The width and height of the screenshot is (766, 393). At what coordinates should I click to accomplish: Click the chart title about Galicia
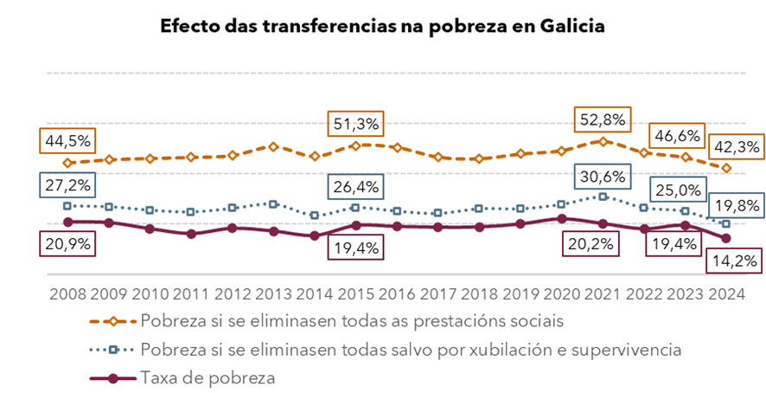pos(382,26)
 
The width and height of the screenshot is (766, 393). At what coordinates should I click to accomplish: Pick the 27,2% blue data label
pos(65,185)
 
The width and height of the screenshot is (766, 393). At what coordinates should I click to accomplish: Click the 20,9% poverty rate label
pos(65,243)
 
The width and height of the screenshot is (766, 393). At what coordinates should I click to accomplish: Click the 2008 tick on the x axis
pos(66,293)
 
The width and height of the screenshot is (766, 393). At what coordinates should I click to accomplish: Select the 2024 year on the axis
pos(728,293)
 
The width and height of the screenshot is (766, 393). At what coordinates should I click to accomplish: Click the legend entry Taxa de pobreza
pos(207,377)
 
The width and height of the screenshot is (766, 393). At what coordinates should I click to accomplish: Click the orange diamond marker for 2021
pos(603,140)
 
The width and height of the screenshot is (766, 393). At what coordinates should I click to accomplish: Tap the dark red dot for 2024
pos(726,238)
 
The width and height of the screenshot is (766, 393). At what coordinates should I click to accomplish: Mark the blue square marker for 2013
pos(273,204)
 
